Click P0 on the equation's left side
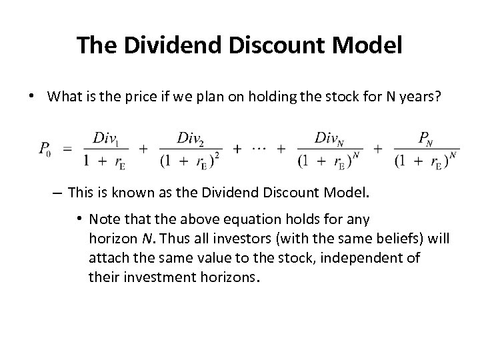coord(44,149)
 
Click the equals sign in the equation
coord(68,149)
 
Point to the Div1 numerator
coord(108,138)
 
